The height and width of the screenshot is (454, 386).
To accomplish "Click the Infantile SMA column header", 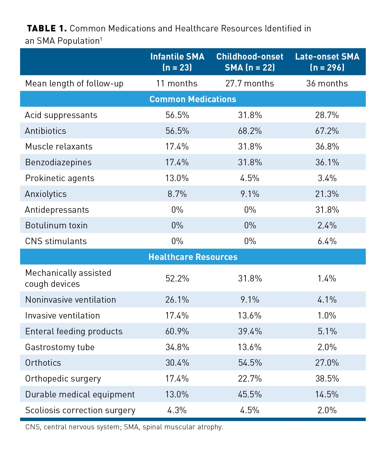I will coord(177,62).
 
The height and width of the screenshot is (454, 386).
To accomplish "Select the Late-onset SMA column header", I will coord(327,62).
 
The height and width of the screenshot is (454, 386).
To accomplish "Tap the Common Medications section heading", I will coord(193,99).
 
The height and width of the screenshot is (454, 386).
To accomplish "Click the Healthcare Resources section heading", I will coord(193,257).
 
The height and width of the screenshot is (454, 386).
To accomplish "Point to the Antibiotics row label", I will coord(46,131).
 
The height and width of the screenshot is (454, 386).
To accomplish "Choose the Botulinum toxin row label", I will coord(56,225).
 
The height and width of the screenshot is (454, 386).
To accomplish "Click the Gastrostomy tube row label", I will coord(60,347).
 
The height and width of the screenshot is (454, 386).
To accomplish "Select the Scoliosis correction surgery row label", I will coord(80,410).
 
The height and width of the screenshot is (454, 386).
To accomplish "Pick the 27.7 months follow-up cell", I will coord(250,83).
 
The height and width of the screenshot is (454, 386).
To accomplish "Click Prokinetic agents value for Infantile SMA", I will coord(177,178).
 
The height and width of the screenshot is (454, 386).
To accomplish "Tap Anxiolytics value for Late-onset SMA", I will coord(327,194).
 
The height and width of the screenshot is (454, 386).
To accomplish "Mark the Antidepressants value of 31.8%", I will coord(327,210).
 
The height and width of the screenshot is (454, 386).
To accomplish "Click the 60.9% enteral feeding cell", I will coord(177,331).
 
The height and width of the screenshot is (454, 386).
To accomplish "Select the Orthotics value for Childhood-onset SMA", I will coord(250,363).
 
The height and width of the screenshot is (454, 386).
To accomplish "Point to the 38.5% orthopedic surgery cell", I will coord(327,379).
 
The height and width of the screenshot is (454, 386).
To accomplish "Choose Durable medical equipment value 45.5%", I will coord(250,394).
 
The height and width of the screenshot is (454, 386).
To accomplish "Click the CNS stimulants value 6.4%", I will coord(327,241).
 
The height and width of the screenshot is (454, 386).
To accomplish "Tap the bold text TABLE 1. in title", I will coord(47,28).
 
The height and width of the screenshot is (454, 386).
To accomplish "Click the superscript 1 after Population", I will coord(101,39).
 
